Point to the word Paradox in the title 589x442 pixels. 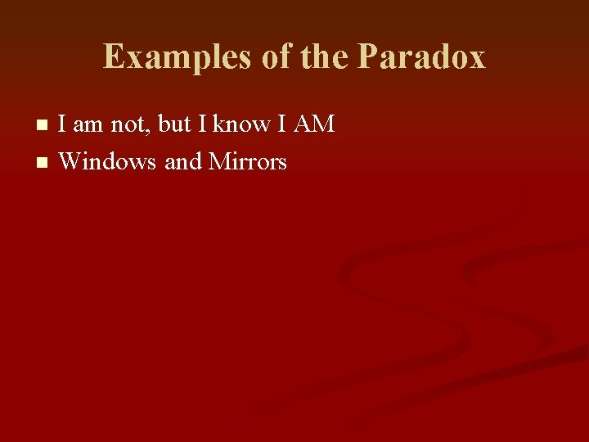[x=421, y=57]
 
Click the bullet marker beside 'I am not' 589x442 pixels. [x=43, y=125]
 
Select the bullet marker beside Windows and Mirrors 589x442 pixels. [x=43, y=163]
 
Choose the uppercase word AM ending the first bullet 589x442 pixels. [x=313, y=124]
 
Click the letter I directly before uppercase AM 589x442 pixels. [x=281, y=124]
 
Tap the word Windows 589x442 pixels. [x=107, y=162]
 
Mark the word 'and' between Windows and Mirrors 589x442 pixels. [x=183, y=162]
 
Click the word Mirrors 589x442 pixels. [x=248, y=162]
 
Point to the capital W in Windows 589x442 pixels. [x=70, y=162]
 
